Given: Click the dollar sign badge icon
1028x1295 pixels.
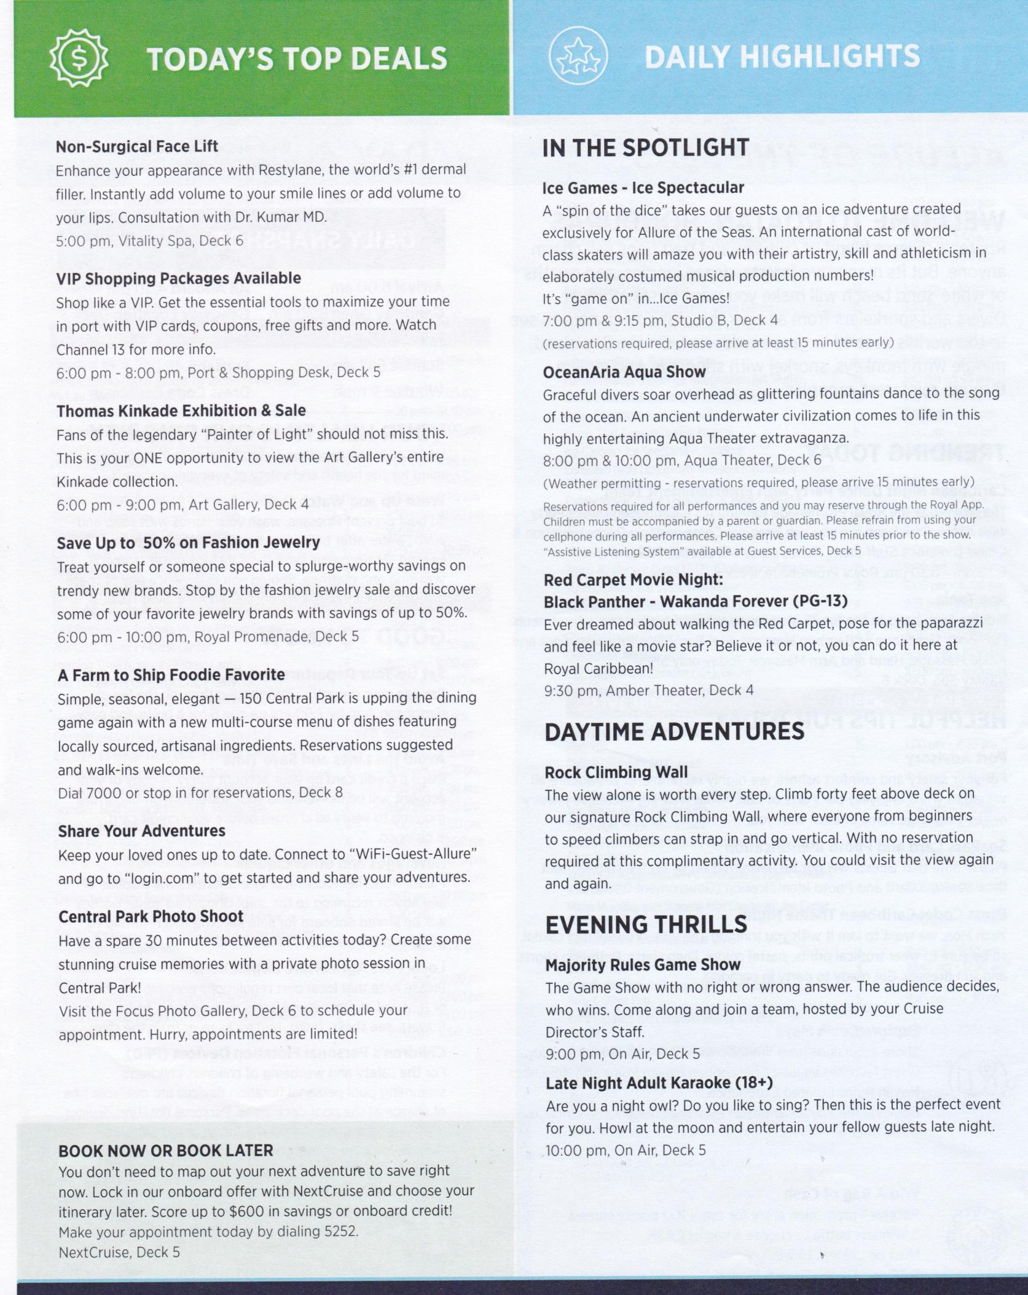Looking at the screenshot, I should tap(79, 59).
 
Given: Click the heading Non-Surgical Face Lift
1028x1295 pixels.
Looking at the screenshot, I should tap(137, 147).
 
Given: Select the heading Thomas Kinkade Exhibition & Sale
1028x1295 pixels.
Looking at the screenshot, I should tap(181, 411).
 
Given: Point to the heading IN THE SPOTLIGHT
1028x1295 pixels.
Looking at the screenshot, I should tap(646, 148).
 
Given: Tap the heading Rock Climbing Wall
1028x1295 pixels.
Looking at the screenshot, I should tap(616, 772).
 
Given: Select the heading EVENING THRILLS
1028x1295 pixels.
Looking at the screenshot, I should tap(646, 925).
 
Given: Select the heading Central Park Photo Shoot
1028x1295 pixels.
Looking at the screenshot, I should tap(151, 916).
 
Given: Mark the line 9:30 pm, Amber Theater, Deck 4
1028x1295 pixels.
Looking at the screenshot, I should tap(649, 690).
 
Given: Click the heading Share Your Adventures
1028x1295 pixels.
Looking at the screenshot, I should tap(142, 831).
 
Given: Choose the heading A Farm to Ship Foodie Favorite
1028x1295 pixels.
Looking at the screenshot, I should tap(171, 674).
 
